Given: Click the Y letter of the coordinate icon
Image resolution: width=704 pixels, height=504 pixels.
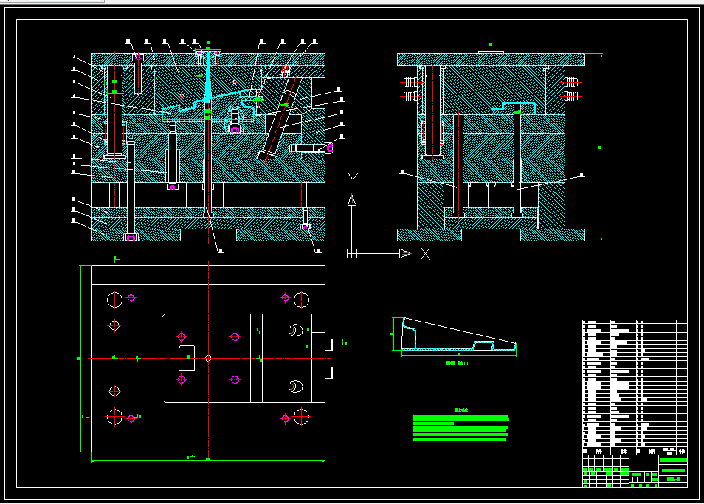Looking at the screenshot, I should pos(353,178).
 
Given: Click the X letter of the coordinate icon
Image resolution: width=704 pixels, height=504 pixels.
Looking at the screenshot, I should pos(425,254).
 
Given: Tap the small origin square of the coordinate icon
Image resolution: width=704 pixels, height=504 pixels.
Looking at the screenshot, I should pos(352,254).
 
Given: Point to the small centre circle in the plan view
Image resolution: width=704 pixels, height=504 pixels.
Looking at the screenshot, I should pos(209,358).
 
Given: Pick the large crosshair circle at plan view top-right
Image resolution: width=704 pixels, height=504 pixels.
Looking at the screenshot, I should pos(301,299).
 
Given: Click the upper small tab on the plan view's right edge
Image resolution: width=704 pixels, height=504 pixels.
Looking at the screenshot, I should pos(328,344).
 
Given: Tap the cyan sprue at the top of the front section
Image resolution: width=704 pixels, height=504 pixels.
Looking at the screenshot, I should pos(208,74).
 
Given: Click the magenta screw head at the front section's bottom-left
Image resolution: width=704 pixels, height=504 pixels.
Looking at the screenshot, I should pos(131,237).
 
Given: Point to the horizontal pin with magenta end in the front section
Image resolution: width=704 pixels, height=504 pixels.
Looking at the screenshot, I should pos(310,148).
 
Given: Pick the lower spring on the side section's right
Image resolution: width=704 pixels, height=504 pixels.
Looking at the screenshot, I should pos(573,96).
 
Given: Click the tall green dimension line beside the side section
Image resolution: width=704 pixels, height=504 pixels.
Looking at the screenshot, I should pos(601,148).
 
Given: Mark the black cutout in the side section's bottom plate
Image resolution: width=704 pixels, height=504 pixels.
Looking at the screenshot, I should pos(491,235).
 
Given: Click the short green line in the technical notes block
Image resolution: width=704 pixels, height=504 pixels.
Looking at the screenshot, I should pos(433,424).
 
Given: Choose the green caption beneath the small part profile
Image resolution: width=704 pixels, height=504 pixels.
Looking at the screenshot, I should pos(458,363).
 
